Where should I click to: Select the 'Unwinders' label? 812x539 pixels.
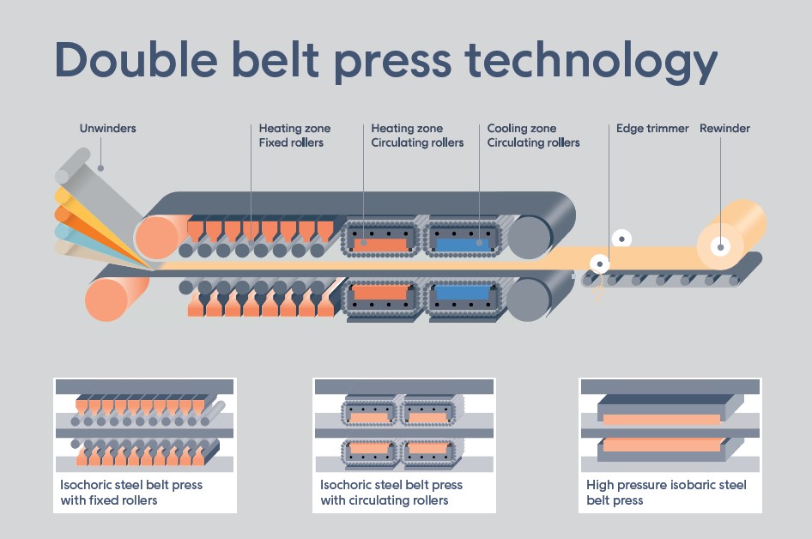coord(107,129)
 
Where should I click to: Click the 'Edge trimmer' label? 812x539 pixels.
coord(652,129)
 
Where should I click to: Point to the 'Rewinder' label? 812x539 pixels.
coord(724,129)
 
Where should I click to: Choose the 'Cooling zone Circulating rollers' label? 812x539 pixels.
coord(533,136)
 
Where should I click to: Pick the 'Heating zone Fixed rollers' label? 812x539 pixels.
coord(294,136)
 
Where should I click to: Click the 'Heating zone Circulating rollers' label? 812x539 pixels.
coord(417,136)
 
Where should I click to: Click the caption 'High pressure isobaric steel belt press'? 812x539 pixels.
coord(666,492)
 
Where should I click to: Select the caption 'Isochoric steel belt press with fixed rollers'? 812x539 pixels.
coord(131,492)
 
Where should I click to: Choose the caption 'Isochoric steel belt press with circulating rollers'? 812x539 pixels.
coord(391,492)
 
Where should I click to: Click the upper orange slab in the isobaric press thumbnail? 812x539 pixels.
coord(661,420)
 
